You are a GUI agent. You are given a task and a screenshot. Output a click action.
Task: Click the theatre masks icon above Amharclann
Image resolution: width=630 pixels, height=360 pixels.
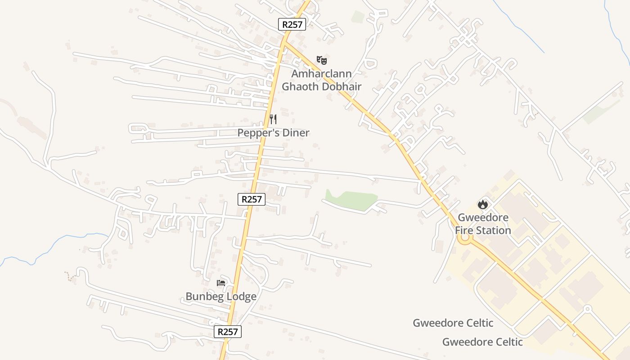pyautogui.click(x=321, y=60)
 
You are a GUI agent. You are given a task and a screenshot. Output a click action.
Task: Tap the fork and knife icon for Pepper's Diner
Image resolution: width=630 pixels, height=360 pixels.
pyautogui.click(x=273, y=119)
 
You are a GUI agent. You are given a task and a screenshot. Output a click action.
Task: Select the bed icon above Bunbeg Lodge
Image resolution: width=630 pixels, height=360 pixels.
pyautogui.click(x=221, y=283)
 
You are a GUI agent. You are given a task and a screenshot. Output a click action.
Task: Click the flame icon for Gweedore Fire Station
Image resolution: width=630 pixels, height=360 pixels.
pyautogui.click(x=483, y=204)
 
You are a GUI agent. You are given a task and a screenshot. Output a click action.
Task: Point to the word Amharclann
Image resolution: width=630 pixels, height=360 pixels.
pyautogui.click(x=321, y=73)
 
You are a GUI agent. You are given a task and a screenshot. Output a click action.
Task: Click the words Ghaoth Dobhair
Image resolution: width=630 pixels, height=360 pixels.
pyautogui.click(x=321, y=86)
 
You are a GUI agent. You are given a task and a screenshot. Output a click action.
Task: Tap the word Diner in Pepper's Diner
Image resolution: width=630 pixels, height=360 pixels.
pyautogui.click(x=295, y=133)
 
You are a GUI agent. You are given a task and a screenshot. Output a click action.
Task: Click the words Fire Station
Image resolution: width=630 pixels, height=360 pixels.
pyautogui.click(x=483, y=230)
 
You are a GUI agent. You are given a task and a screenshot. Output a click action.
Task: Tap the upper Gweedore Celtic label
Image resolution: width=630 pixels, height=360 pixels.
pyautogui.click(x=453, y=323)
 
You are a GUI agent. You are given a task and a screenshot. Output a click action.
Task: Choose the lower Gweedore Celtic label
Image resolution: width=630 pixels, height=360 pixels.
pyautogui.click(x=482, y=342)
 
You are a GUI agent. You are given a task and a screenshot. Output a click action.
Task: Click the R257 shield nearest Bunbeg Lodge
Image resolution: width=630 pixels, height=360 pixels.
pyautogui.click(x=227, y=332)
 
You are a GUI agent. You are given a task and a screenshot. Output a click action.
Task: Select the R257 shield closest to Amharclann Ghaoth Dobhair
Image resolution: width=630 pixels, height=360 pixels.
pyautogui.click(x=292, y=24)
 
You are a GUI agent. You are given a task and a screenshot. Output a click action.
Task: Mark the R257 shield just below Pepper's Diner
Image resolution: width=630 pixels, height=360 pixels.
pyautogui.click(x=252, y=199)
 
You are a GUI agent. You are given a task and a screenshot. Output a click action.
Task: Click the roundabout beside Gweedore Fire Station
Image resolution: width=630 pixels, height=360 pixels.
pyautogui.click(x=464, y=239)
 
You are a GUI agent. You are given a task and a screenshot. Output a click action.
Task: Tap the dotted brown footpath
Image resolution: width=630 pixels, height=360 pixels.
pyautogui.click(x=69, y=276)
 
